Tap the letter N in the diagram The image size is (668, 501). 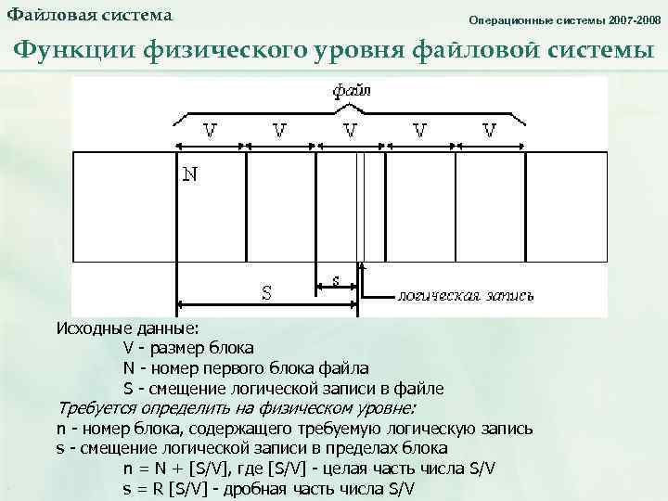click(x=188, y=174)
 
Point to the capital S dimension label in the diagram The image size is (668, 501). click(x=266, y=293)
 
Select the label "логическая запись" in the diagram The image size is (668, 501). click(x=465, y=296)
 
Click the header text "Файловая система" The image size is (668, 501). click(x=89, y=17)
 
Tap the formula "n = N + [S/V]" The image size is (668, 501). click(x=178, y=469)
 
